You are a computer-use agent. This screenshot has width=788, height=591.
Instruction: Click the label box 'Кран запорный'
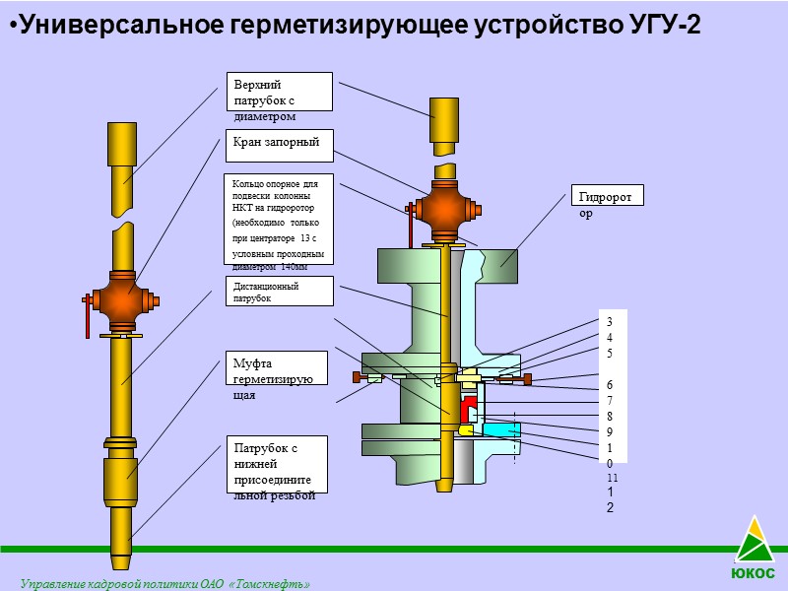[279, 145]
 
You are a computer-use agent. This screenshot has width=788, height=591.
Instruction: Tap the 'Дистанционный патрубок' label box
[279, 292]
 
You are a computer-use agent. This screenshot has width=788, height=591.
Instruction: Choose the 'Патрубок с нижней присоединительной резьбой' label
[276, 465]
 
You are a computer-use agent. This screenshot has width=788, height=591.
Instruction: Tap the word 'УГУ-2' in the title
[664, 26]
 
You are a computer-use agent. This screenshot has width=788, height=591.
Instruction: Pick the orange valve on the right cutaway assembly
[444, 210]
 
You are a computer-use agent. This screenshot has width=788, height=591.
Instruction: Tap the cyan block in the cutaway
[500, 429]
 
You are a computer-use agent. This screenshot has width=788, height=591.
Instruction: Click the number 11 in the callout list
[612, 478]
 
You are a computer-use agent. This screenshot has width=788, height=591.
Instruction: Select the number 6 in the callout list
[611, 384]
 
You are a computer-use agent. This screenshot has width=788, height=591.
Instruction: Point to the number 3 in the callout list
[610, 322]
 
